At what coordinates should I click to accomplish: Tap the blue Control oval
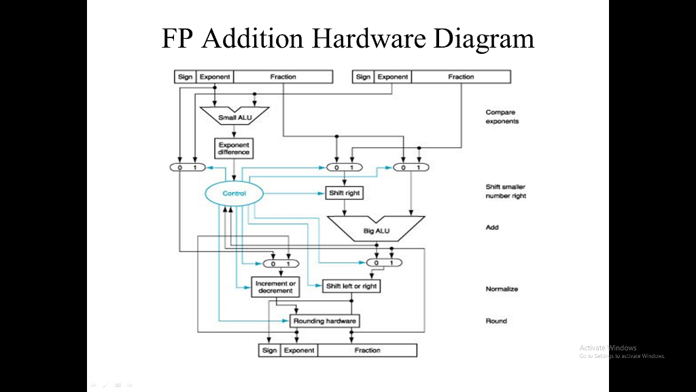pyautogui.click(x=233, y=193)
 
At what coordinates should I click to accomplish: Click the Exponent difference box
pyautogui.click(x=234, y=148)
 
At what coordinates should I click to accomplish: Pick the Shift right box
pyautogui.click(x=344, y=193)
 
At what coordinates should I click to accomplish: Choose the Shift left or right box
pyautogui.click(x=351, y=286)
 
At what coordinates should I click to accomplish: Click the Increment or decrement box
pyautogui.click(x=275, y=287)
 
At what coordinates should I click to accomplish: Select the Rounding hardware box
pyautogui.click(x=324, y=321)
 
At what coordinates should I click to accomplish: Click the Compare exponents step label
pyautogui.click(x=502, y=116)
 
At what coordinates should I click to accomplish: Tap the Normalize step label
pyautogui.click(x=502, y=289)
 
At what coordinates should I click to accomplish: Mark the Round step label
pyautogui.click(x=496, y=321)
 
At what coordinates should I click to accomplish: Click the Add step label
pyautogui.click(x=492, y=227)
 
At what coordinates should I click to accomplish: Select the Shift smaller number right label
pyautogui.click(x=506, y=191)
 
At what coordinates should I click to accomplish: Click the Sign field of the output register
pyautogui.click(x=269, y=350)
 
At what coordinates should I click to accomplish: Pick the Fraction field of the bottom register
pyautogui.click(x=367, y=350)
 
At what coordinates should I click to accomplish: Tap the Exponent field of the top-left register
pyautogui.click(x=215, y=77)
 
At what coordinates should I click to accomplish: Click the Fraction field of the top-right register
pyautogui.click(x=461, y=77)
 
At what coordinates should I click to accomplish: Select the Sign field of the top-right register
pyautogui.click(x=363, y=77)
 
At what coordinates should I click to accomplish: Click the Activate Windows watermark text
pyautogui.click(x=608, y=348)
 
